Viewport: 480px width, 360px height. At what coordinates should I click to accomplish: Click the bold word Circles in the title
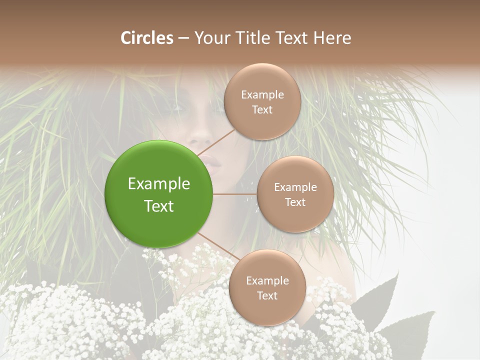(x=147, y=38)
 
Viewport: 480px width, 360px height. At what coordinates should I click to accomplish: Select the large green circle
(x=159, y=194)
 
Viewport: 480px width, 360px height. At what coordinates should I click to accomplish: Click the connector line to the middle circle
(x=235, y=194)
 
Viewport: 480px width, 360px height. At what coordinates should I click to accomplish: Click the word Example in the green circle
(x=159, y=183)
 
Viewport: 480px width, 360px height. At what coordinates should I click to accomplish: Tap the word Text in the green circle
(x=159, y=206)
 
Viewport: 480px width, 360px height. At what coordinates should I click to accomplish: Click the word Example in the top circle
(x=262, y=95)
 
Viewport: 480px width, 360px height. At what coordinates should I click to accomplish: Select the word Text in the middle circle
(x=295, y=202)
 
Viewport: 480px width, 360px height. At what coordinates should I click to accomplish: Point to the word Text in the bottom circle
(x=267, y=295)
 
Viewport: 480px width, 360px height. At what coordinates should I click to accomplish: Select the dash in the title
(x=183, y=38)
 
